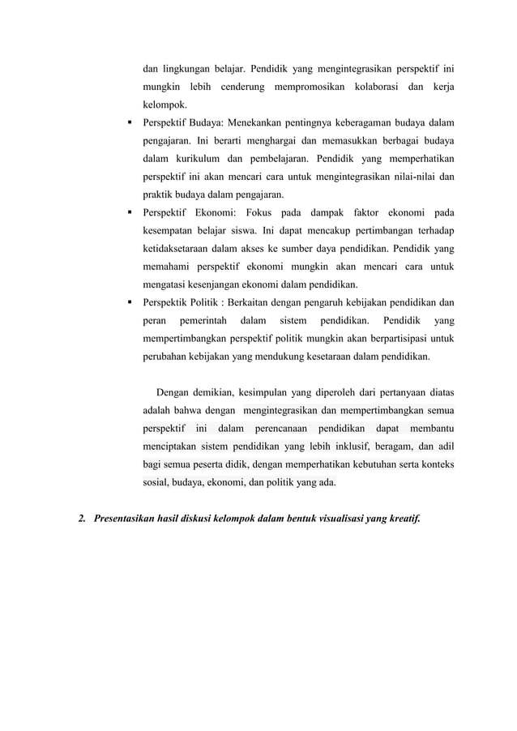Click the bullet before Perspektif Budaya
[x=130, y=123]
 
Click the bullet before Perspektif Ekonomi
[x=130, y=214]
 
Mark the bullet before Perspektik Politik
[x=130, y=305]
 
